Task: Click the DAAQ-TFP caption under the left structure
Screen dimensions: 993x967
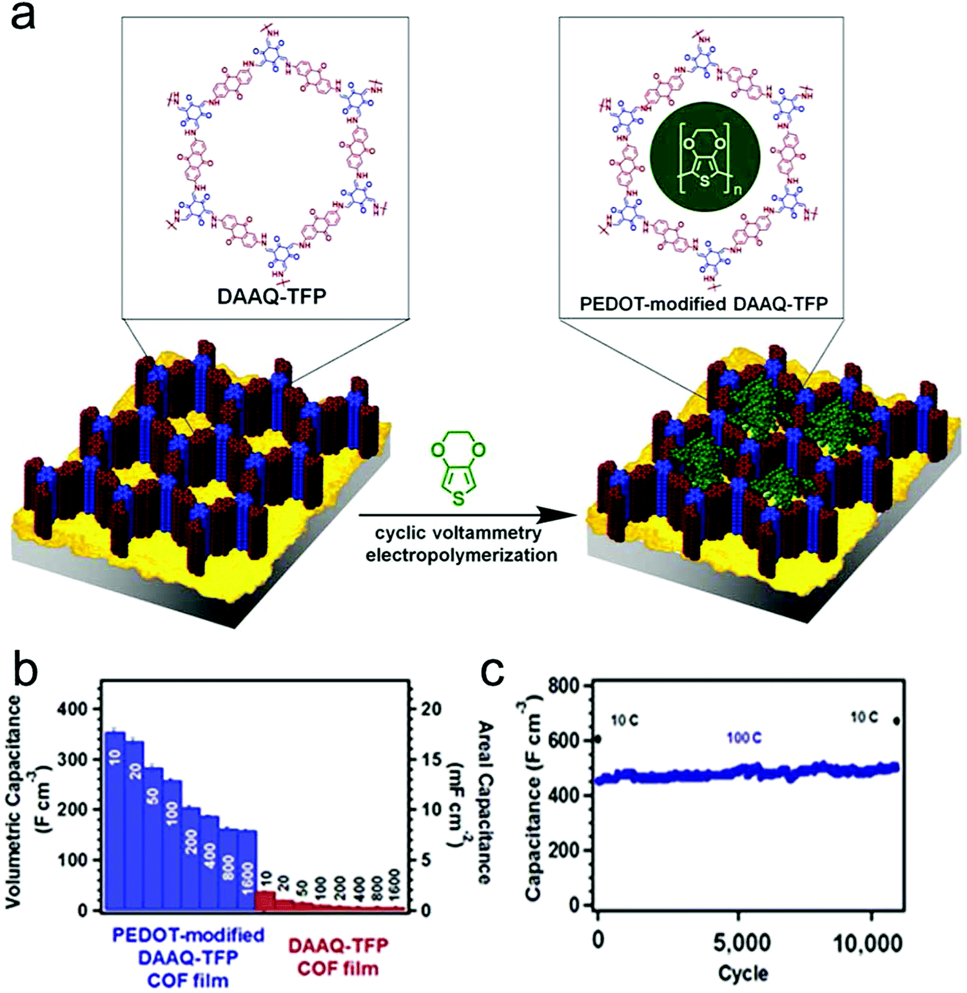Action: tap(271, 296)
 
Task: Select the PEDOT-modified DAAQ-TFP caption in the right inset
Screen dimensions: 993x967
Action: tap(703, 304)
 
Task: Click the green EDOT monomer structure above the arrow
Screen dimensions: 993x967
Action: tap(458, 468)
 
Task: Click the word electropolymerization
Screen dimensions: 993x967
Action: tap(461, 555)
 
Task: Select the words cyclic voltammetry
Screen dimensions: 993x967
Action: tap(458, 534)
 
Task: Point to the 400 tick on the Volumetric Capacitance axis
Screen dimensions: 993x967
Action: tap(72, 709)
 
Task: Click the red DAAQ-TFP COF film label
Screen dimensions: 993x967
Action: tap(338, 957)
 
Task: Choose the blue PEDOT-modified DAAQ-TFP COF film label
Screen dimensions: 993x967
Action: tap(188, 958)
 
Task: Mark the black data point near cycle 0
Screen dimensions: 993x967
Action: tap(598, 739)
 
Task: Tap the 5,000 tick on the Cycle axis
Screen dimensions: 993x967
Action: tap(741, 943)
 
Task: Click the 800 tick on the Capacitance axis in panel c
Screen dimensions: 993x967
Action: tap(563, 686)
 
